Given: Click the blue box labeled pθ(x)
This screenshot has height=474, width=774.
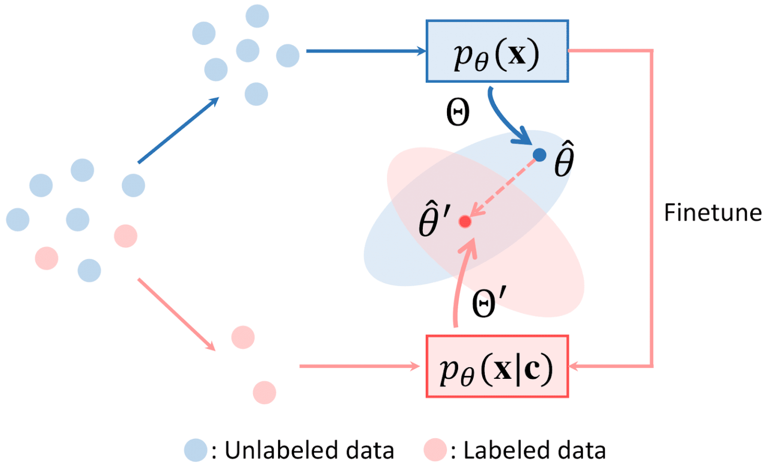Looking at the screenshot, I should pyautogui.click(x=497, y=51).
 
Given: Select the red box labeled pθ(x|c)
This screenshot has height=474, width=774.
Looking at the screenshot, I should pyautogui.click(x=497, y=366).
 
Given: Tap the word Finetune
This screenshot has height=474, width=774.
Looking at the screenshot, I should pyautogui.click(x=713, y=213).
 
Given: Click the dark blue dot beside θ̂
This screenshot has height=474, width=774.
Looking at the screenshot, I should pyautogui.click(x=539, y=155).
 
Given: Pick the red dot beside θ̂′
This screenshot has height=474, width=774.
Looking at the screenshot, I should pyautogui.click(x=465, y=222).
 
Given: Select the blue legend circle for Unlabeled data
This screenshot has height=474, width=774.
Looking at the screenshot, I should pyautogui.click(x=196, y=450).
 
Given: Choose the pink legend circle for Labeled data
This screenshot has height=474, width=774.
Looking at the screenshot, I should pyautogui.click(x=435, y=450).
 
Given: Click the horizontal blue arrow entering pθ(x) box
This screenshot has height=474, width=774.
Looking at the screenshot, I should pyautogui.click(x=365, y=51).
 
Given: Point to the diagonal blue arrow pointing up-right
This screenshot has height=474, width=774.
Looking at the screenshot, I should pyautogui.click(x=178, y=130).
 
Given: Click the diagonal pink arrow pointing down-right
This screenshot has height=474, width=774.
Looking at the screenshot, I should pyautogui.click(x=176, y=314).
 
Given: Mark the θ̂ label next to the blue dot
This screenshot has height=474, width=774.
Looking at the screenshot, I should pyautogui.click(x=564, y=160).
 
